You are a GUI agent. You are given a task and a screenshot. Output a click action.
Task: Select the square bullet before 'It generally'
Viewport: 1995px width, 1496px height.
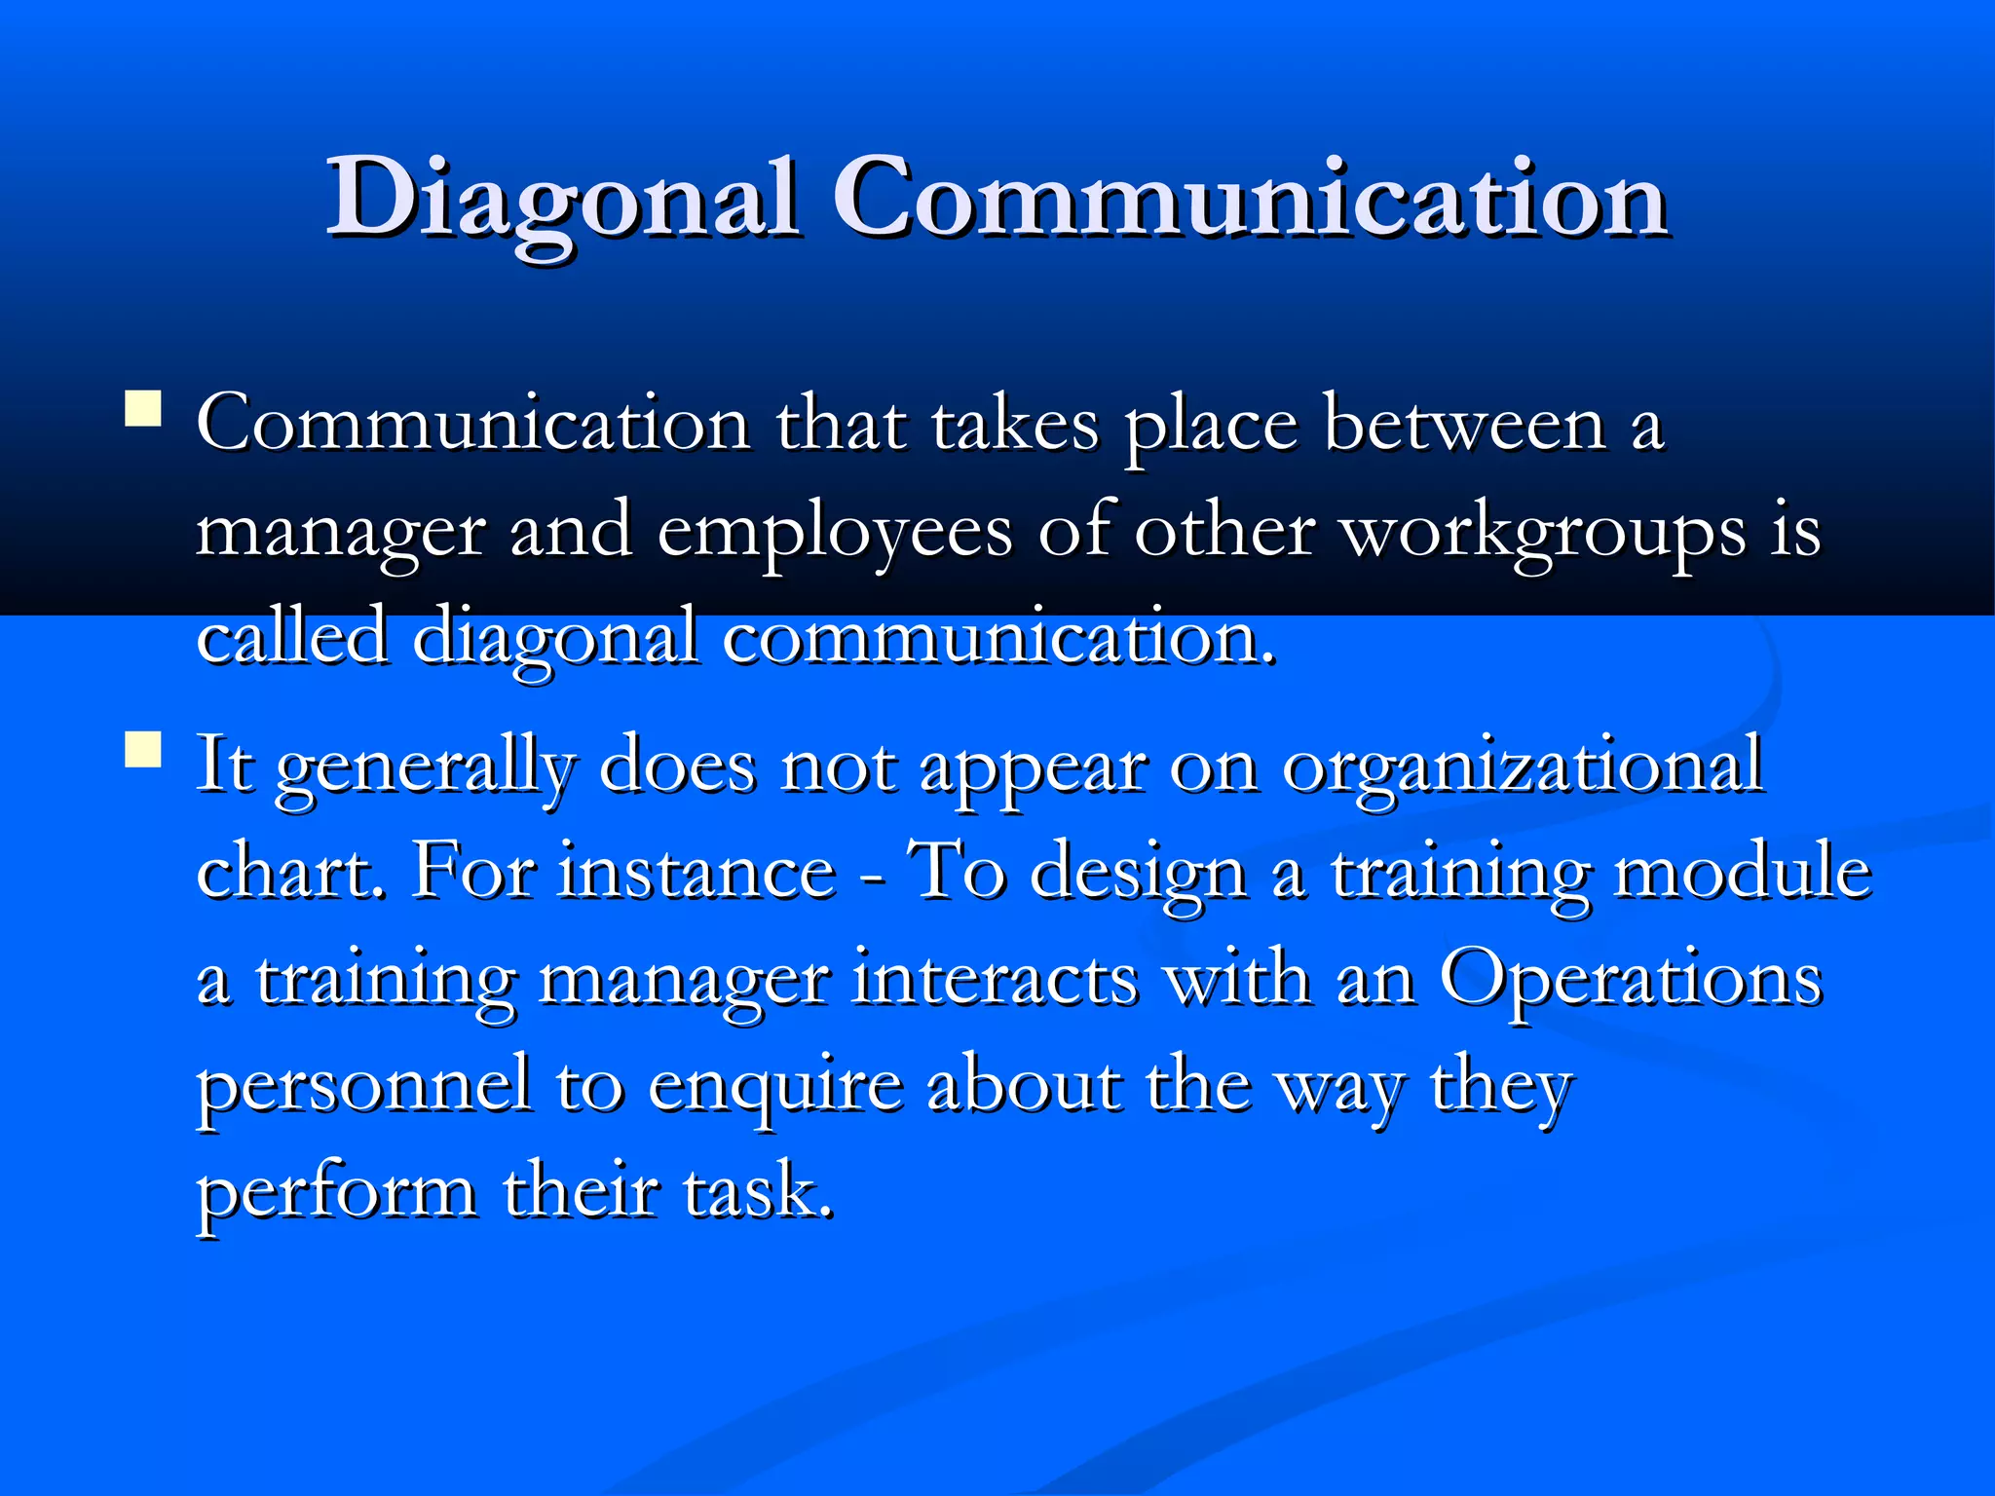click(x=143, y=751)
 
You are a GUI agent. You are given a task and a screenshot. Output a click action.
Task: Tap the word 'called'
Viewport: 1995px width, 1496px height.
click(x=291, y=638)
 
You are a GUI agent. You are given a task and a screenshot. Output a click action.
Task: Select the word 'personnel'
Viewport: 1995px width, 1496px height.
click(x=364, y=1086)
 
